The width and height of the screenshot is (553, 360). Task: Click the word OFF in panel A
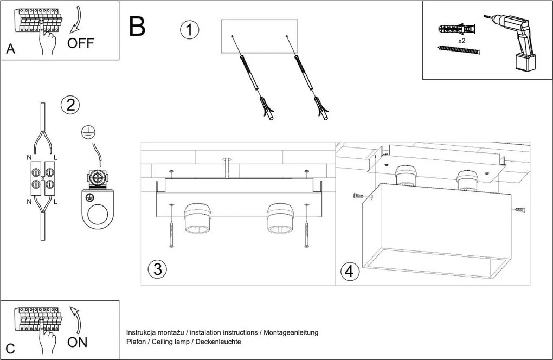[81, 44]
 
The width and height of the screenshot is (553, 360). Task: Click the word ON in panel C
[78, 343]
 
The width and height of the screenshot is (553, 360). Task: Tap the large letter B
[137, 26]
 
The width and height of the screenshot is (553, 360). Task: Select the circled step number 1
[189, 30]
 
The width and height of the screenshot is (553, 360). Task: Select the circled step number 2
[70, 105]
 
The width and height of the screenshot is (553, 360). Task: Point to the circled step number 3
[157, 269]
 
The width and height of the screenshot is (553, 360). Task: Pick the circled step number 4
[350, 271]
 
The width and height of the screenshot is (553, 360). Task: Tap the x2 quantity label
[462, 41]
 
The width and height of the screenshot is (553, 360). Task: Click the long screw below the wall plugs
[458, 50]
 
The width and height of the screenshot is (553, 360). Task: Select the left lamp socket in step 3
[197, 220]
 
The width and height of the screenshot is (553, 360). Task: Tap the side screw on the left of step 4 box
[357, 196]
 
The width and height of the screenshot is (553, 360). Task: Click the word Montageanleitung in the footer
[291, 332]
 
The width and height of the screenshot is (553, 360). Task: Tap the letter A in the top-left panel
[10, 49]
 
